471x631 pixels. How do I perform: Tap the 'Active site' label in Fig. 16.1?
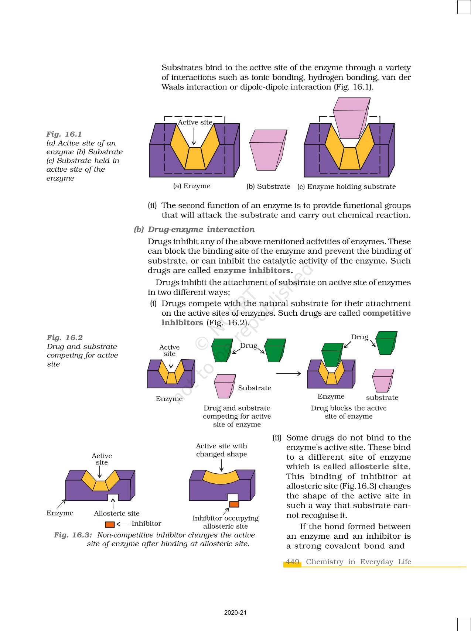tap(195, 122)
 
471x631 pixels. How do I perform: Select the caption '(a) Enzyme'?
tap(192, 186)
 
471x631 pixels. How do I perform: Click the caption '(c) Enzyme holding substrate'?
tap(346, 186)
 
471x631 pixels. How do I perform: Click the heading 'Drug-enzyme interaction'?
tap(201, 229)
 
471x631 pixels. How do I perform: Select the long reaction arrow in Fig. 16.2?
tap(289, 374)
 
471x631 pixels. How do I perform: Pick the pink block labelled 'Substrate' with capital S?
tap(224, 386)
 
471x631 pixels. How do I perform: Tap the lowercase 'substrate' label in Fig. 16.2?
tap(382, 397)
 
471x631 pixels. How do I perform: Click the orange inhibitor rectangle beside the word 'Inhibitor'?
tap(110, 524)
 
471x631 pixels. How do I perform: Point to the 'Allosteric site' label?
tap(117, 513)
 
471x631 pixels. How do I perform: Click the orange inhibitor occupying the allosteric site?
tap(234, 504)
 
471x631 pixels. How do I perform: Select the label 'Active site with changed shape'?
tap(221, 450)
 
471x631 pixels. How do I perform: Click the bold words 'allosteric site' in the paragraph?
tap(379, 467)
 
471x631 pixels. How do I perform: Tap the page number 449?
tap(292, 562)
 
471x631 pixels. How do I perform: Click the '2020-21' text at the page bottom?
tap(235, 613)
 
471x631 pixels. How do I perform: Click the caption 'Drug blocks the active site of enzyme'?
tap(348, 412)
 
